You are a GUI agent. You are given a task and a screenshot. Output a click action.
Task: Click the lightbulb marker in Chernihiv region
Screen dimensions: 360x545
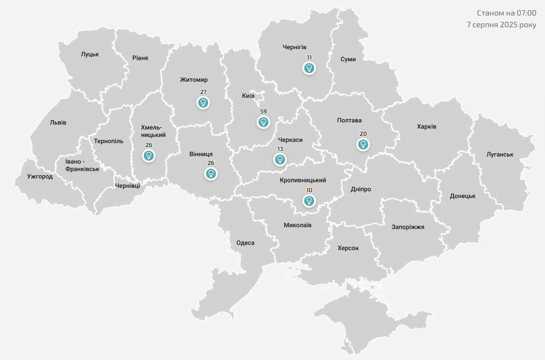(309, 68)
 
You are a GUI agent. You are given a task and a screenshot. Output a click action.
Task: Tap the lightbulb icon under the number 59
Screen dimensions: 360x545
(264, 122)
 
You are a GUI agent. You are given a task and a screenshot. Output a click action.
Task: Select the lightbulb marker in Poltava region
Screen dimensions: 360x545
(363, 144)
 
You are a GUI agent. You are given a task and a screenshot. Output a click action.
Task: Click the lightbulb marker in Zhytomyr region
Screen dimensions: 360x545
(203, 103)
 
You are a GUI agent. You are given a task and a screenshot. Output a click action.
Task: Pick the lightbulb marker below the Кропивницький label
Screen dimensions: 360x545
(309, 200)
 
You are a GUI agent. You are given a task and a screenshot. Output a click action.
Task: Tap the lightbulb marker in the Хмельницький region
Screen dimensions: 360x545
(149, 156)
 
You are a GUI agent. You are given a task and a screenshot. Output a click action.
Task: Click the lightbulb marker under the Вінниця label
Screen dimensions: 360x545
(211, 174)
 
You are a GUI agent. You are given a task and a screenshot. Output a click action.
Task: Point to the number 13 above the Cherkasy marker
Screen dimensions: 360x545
(280, 149)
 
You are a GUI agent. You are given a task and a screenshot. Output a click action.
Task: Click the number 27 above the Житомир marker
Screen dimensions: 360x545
(203, 92)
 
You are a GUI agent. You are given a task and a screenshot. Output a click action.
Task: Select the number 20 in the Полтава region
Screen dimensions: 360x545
(363, 134)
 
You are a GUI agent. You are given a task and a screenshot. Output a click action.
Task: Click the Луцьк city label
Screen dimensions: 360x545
(90, 54)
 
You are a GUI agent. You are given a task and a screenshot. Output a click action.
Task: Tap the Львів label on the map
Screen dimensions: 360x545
(58, 123)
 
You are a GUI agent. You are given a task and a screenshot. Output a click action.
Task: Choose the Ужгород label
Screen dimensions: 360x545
(40, 177)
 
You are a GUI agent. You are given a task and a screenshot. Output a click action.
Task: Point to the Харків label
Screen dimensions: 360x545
(426, 126)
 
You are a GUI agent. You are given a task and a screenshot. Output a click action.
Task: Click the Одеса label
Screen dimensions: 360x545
(245, 243)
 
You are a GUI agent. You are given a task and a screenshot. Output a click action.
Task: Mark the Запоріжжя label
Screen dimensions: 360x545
(408, 227)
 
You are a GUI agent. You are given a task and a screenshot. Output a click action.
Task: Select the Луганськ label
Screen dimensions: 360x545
(500, 154)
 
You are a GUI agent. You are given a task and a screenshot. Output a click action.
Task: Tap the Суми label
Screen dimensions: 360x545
(348, 59)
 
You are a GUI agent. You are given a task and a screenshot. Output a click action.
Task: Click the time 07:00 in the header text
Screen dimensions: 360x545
(526, 13)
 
